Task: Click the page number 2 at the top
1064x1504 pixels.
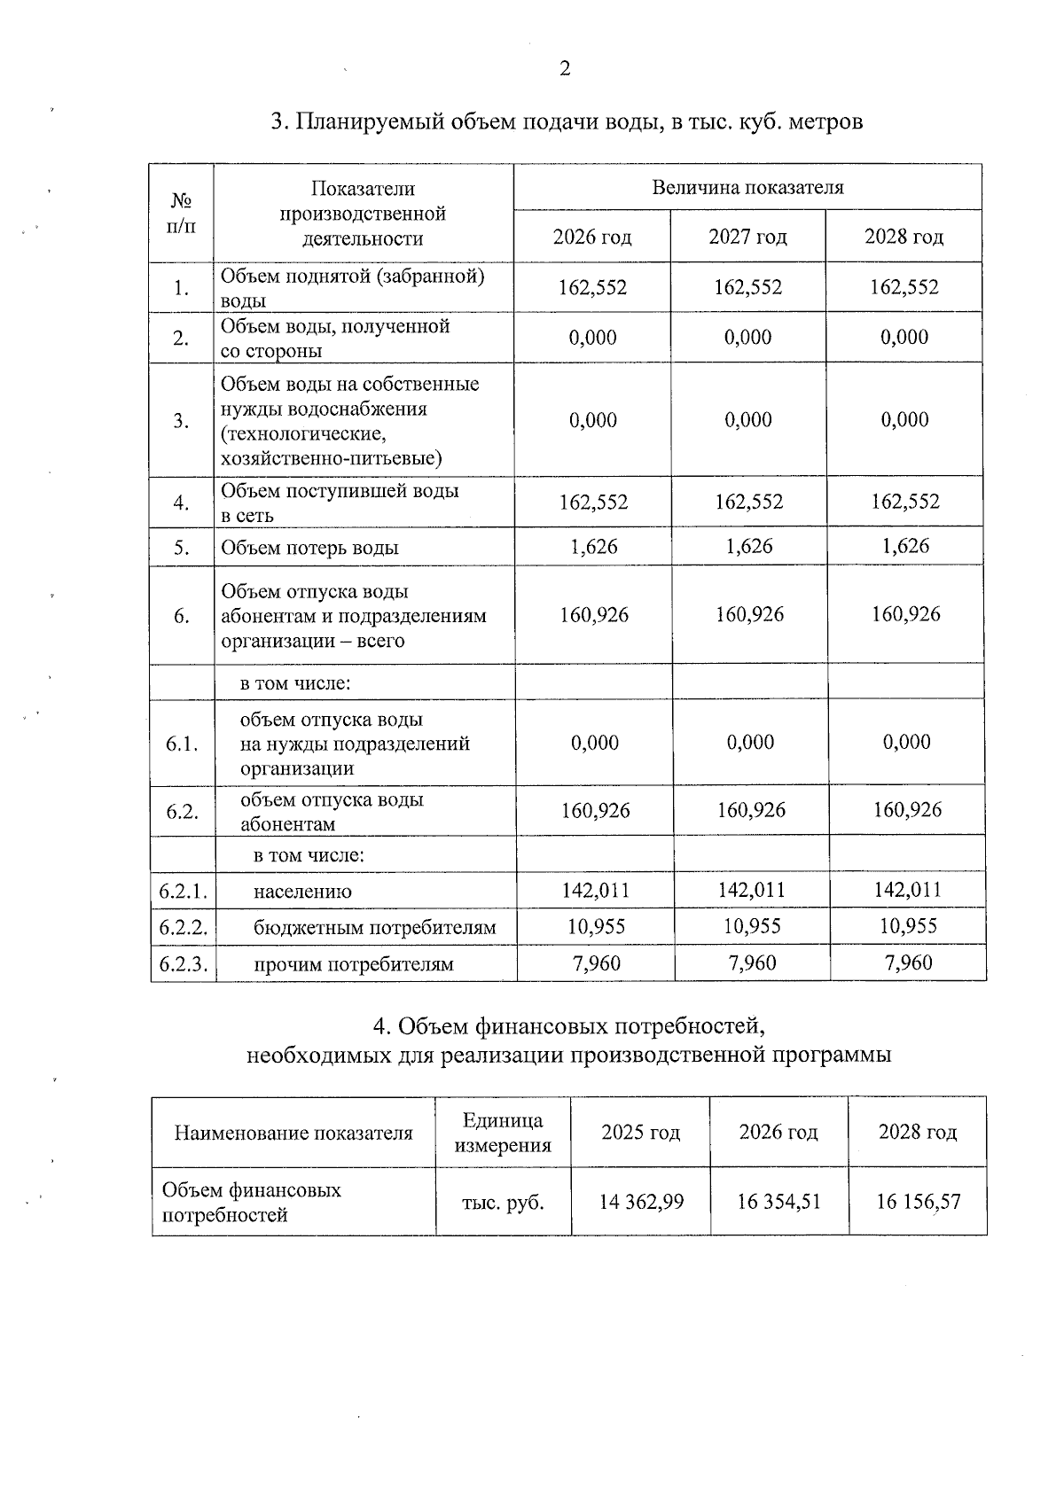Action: point(565,69)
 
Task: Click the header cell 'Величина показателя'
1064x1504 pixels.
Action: point(747,187)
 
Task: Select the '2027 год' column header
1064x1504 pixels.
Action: point(747,237)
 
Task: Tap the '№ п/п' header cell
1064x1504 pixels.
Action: point(181,213)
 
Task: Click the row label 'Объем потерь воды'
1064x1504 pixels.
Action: point(309,548)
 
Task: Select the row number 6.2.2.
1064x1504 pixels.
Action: point(183,927)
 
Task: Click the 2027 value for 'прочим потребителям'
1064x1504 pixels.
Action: point(752,962)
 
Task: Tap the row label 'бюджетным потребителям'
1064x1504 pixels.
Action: point(374,928)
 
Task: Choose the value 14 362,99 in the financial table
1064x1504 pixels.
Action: point(641,1202)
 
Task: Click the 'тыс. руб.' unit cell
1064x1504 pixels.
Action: point(503,1203)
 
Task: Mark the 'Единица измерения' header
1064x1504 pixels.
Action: point(503,1133)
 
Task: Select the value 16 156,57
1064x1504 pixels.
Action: point(918,1202)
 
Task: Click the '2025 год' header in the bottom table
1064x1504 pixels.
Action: point(640,1132)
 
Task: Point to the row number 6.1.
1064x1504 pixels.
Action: point(181,744)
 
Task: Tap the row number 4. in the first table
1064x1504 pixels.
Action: point(181,503)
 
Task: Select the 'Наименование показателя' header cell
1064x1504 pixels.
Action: point(293,1133)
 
